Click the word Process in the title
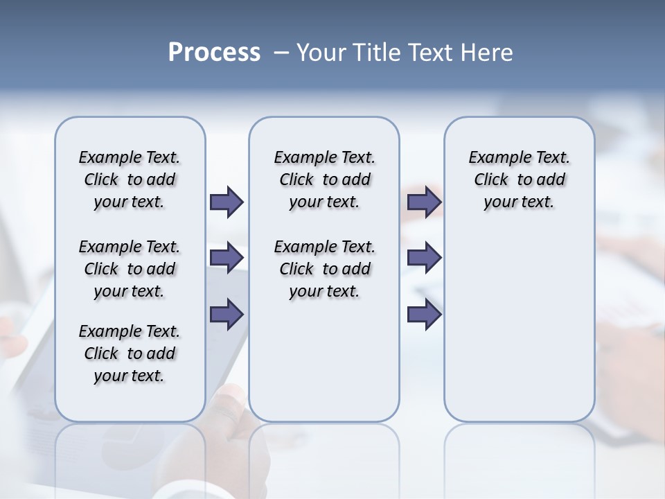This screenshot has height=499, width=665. [214, 53]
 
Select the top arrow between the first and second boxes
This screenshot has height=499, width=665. [227, 202]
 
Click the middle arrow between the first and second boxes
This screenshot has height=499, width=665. [227, 258]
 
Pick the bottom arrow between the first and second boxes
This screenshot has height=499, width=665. [227, 314]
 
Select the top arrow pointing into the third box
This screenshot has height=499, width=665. [424, 202]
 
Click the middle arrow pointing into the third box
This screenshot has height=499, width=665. [424, 258]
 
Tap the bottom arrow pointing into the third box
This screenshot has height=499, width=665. [424, 314]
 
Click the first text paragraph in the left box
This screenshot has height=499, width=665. [130, 180]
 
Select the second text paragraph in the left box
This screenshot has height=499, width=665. [130, 269]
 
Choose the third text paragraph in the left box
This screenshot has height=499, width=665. [130, 353]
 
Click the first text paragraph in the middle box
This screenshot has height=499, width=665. [324, 180]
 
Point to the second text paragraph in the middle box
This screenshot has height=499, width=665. [324, 269]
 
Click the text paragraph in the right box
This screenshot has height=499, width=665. [520, 180]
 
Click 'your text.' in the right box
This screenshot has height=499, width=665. [519, 202]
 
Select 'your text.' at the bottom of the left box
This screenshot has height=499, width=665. [129, 376]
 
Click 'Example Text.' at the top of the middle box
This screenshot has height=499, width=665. [324, 157]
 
